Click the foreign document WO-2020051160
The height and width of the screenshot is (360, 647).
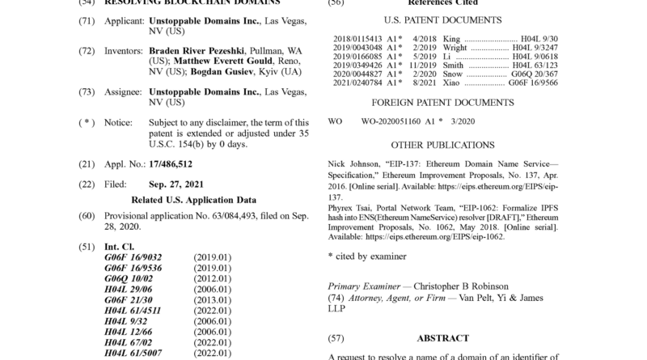[x=391, y=121]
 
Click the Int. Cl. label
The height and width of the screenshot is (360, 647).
[x=120, y=246]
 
